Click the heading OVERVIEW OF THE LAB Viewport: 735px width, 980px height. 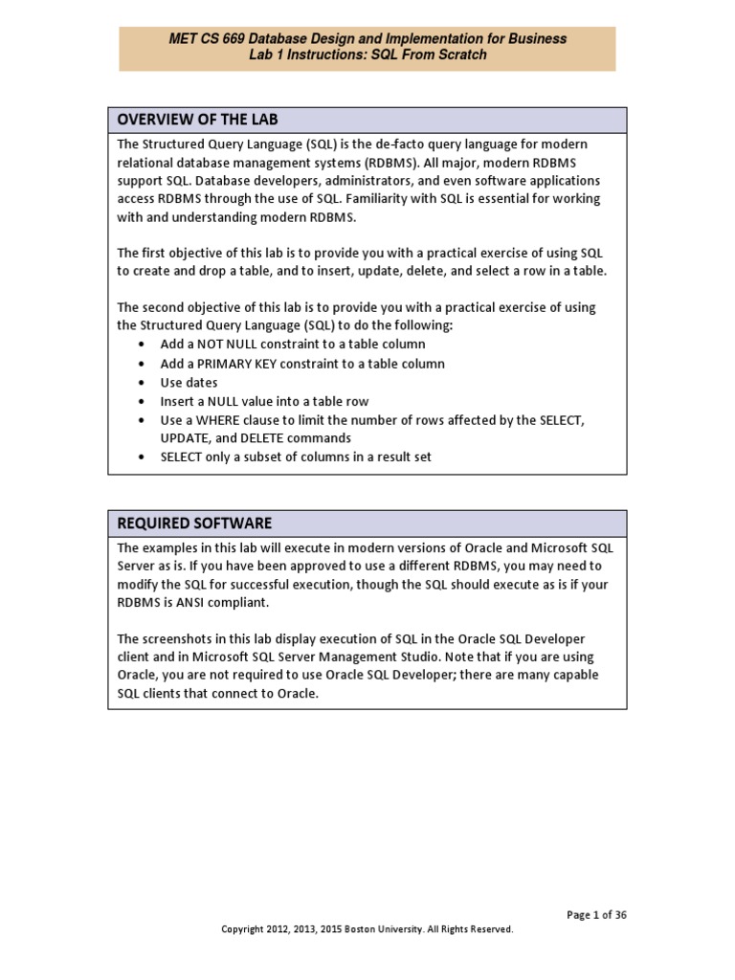pos(197,120)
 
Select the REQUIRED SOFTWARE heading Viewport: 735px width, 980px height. pos(194,523)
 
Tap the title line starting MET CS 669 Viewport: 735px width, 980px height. pos(367,39)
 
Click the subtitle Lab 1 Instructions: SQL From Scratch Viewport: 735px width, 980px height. pos(367,56)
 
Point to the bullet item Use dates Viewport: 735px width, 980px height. pos(189,383)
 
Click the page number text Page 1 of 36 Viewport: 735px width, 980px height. pos(596,915)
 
